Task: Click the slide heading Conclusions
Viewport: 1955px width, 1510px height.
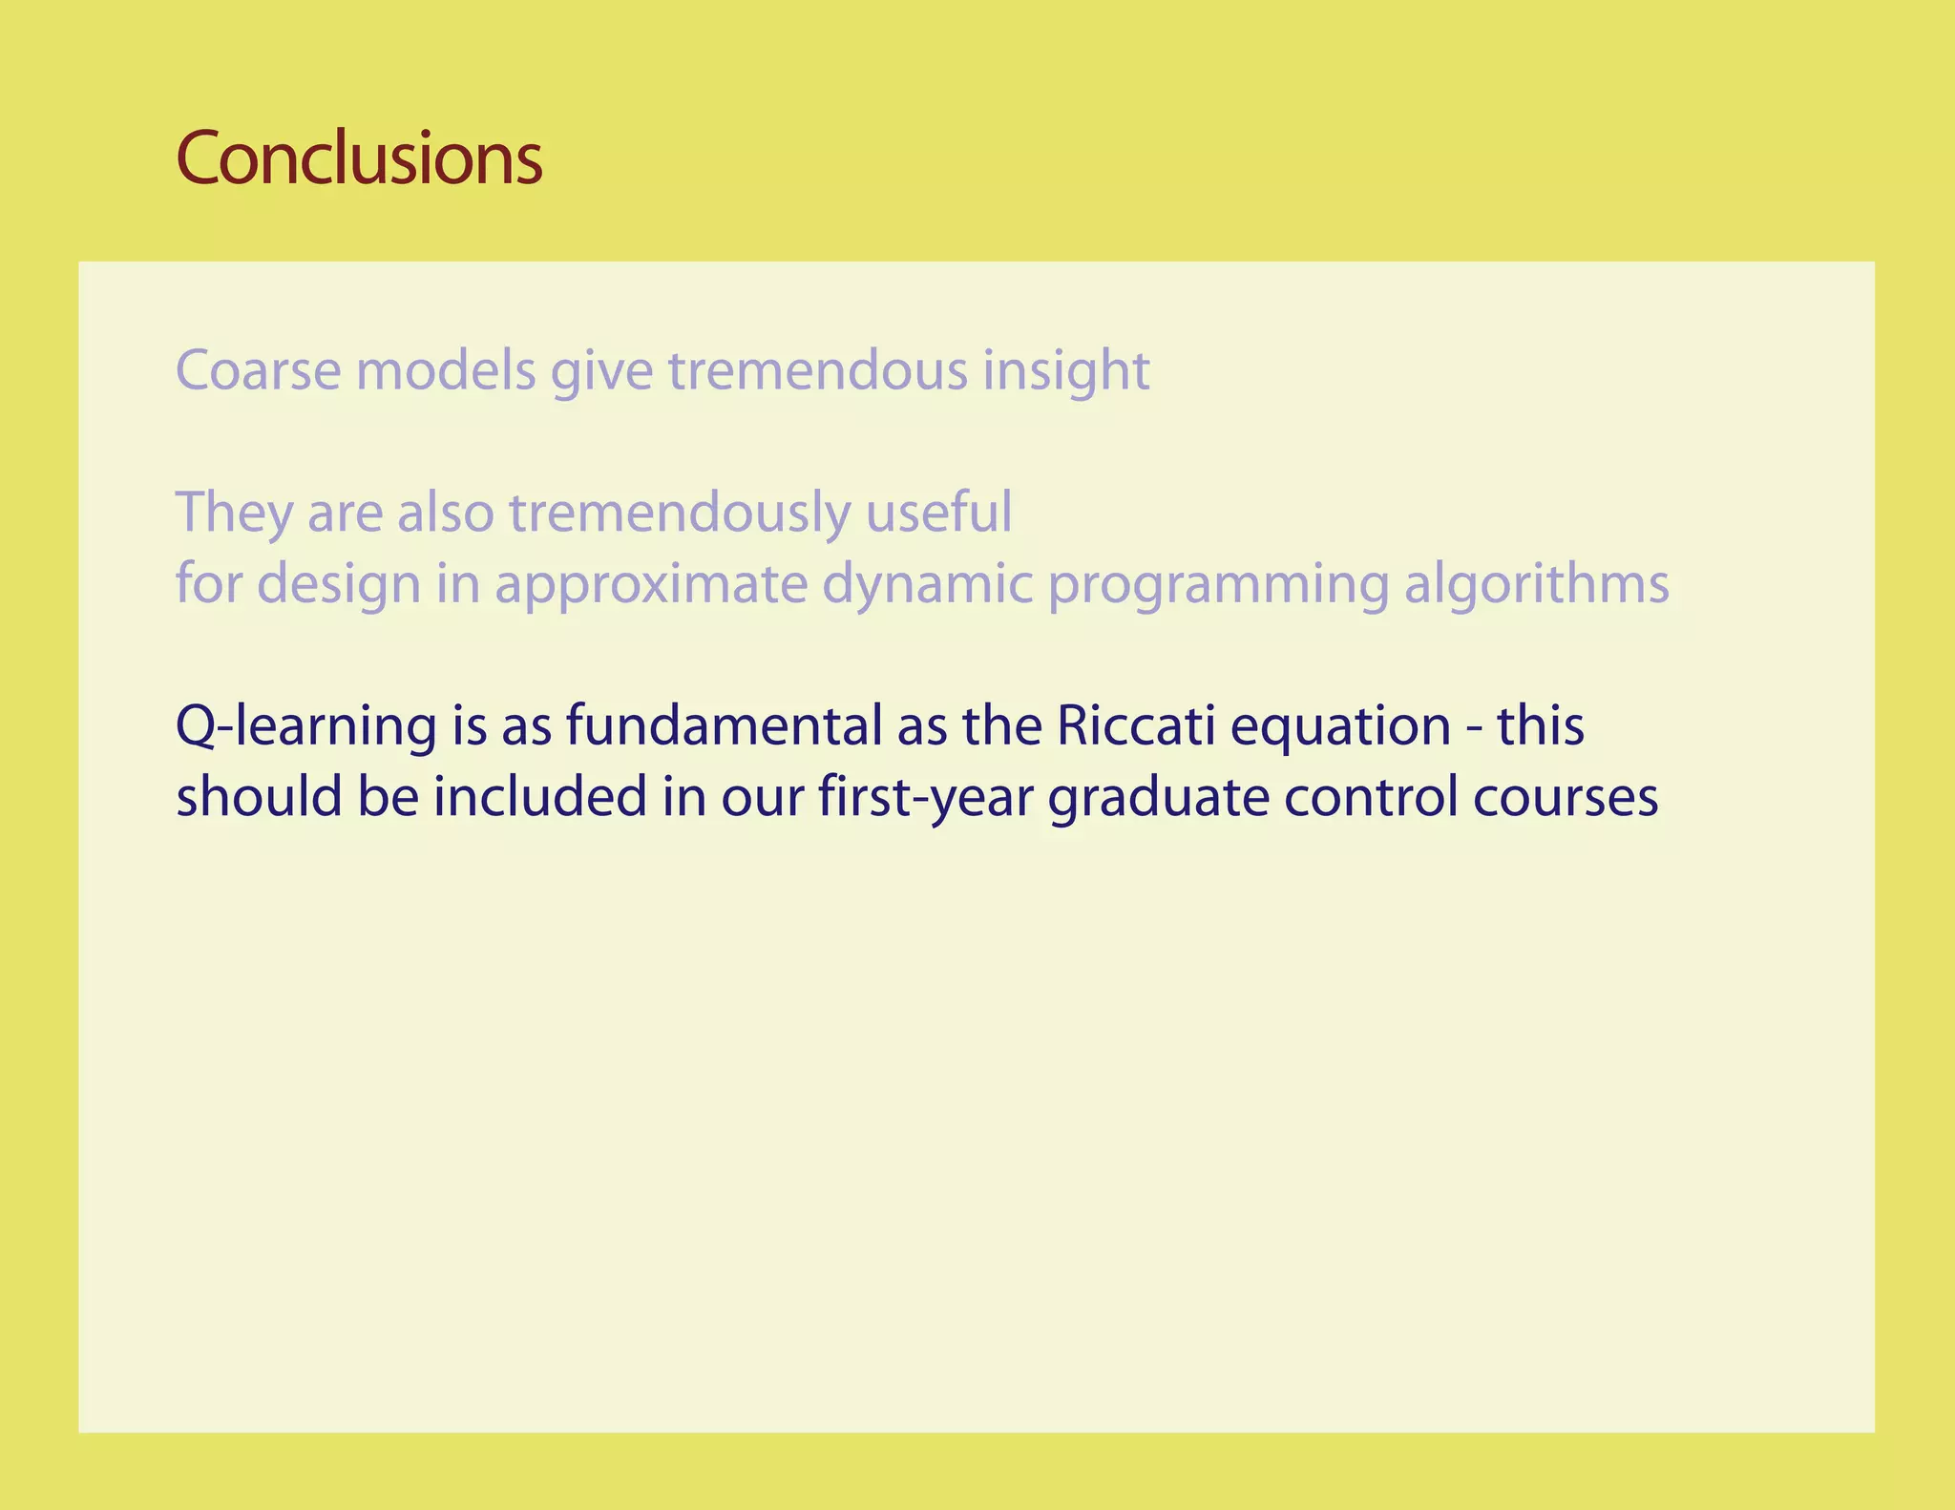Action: [359, 158]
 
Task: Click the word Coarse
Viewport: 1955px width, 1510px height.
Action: [258, 370]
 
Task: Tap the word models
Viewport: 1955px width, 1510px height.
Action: [446, 370]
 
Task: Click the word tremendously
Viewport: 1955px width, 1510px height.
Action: [679, 513]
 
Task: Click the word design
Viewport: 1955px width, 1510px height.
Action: [339, 584]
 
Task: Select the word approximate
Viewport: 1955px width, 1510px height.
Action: [651, 584]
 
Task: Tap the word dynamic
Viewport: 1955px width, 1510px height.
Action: [927, 584]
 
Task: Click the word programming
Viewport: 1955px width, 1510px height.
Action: [1218, 584]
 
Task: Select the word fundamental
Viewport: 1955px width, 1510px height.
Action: [724, 725]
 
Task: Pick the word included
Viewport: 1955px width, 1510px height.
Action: [540, 796]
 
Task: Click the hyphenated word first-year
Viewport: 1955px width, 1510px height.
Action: [925, 798]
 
